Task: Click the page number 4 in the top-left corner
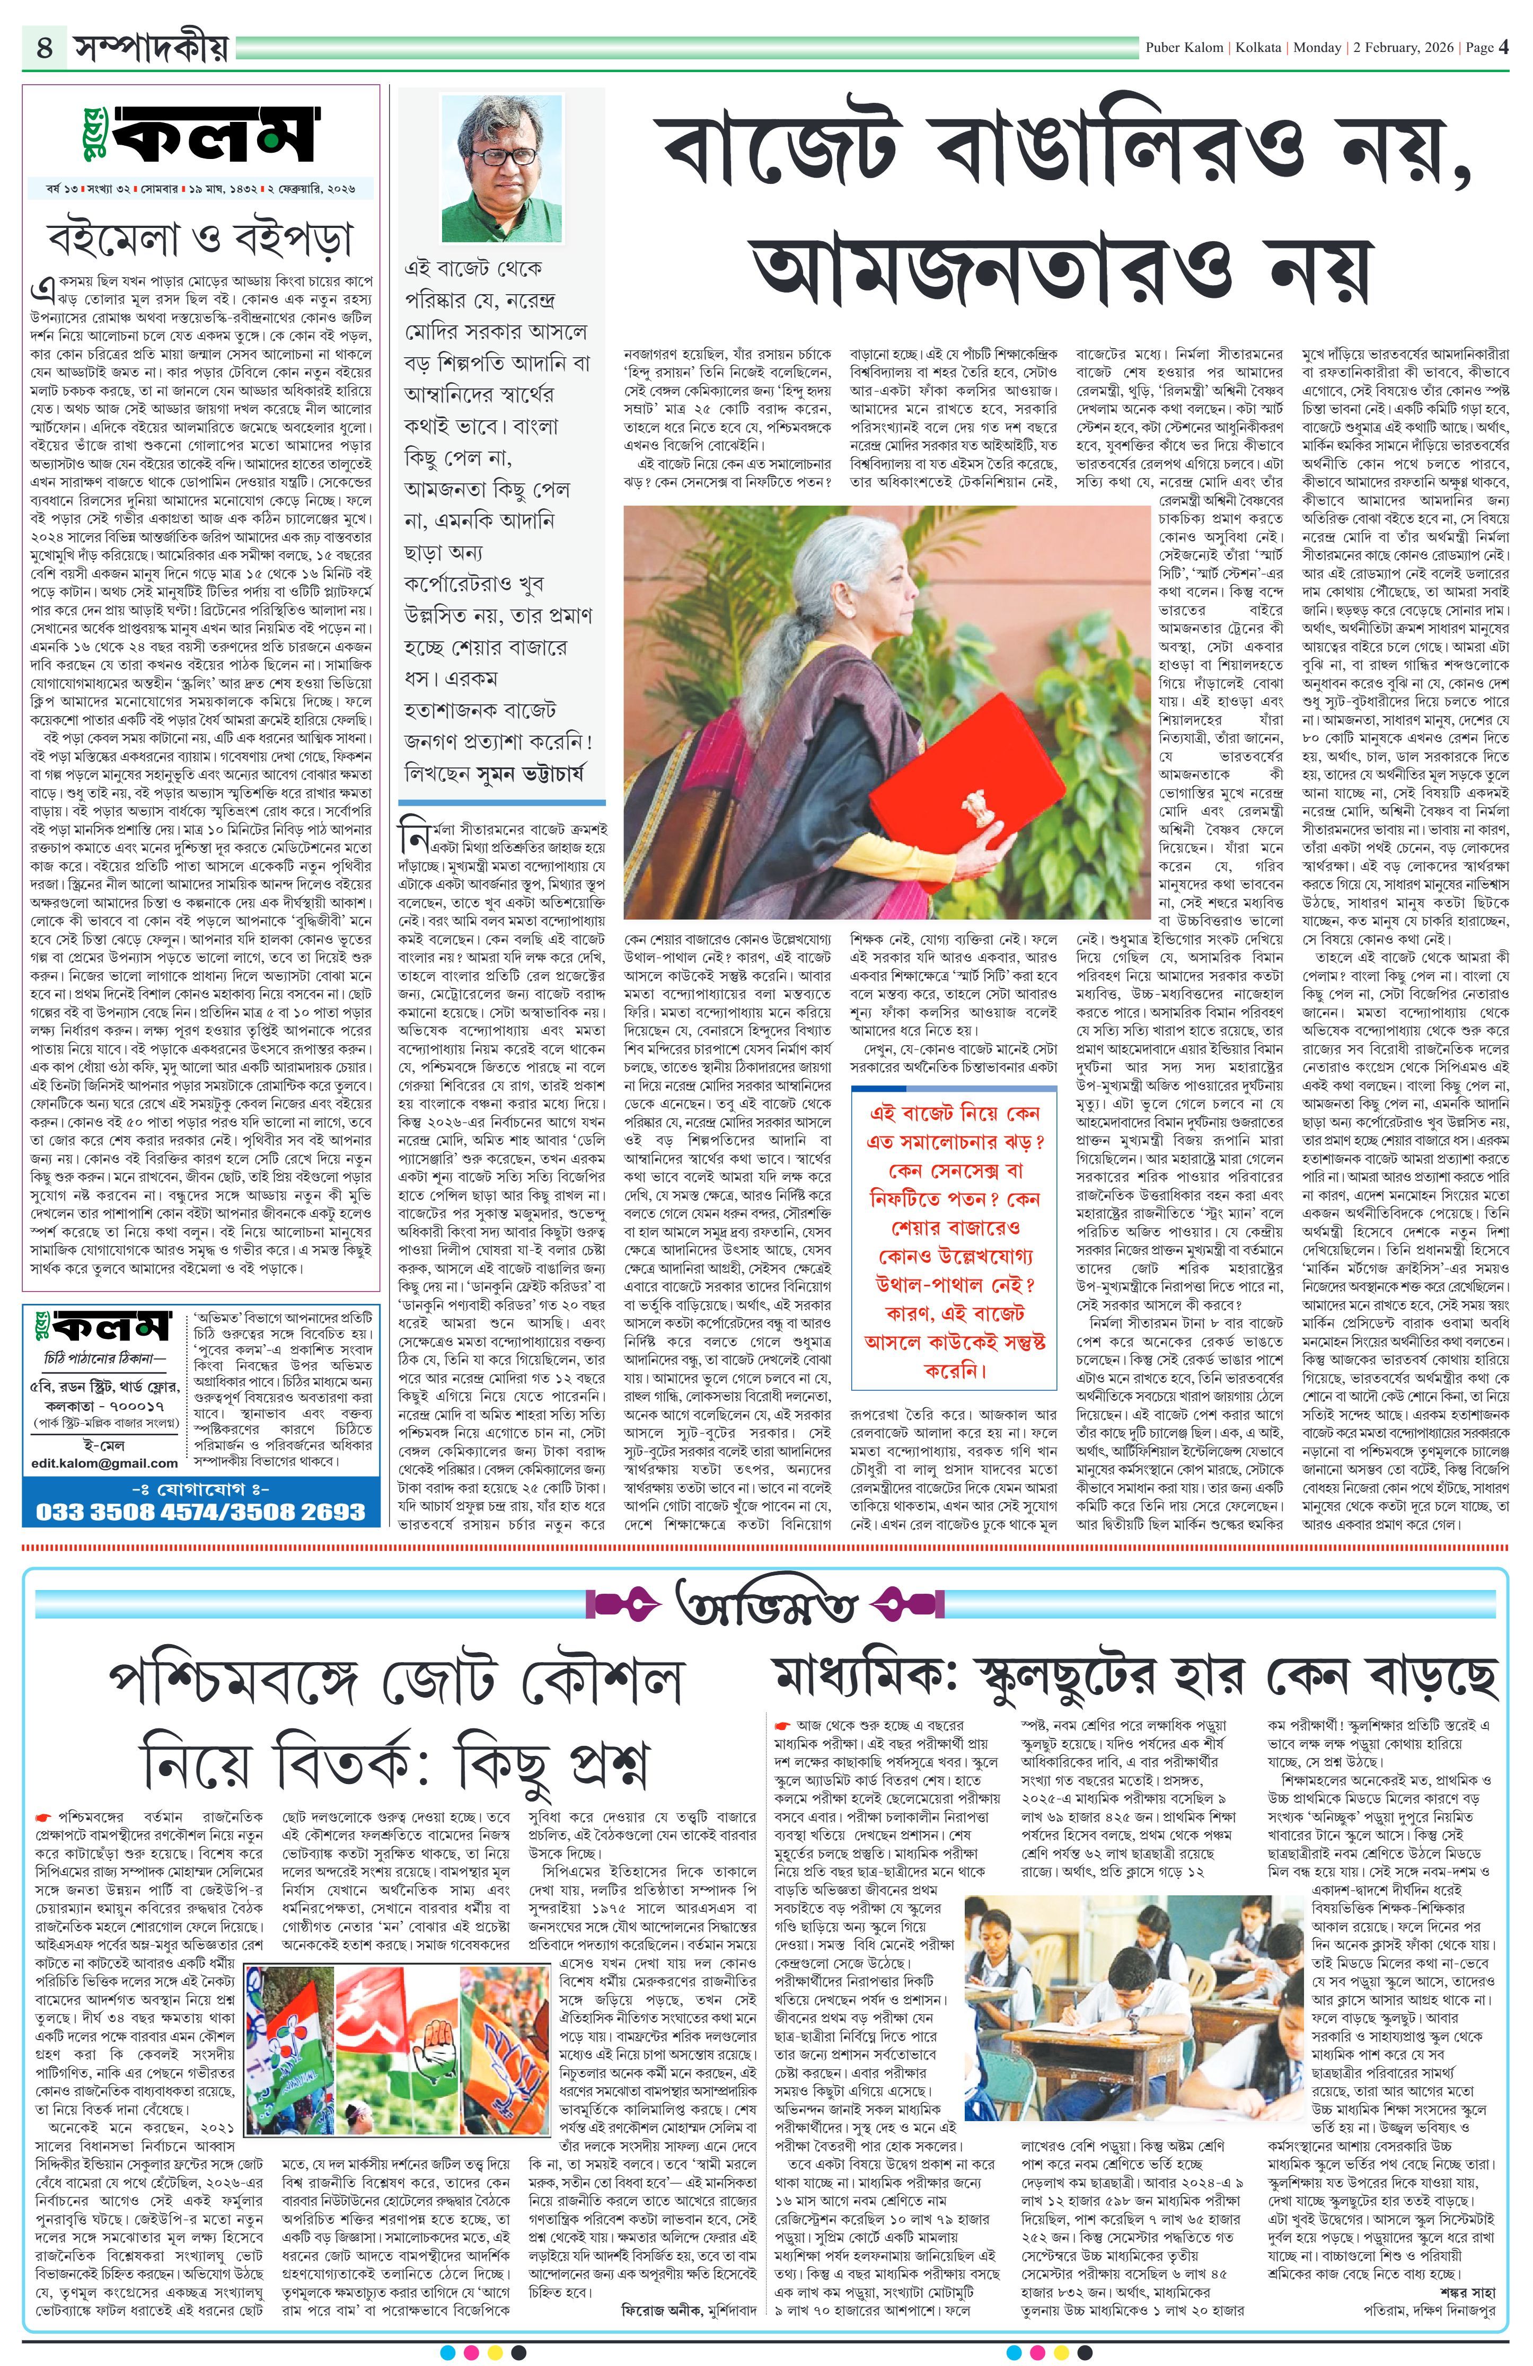coord(45,47)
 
